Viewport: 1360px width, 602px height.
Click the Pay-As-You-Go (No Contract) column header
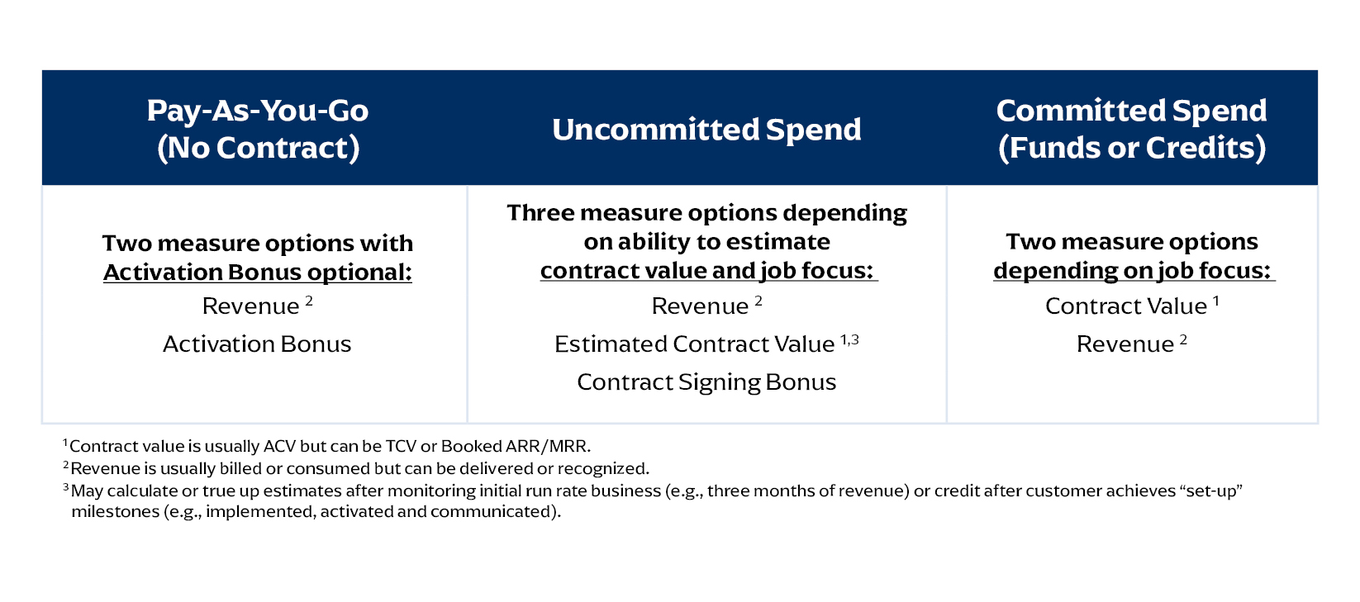258,129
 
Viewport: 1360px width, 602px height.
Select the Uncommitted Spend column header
706,130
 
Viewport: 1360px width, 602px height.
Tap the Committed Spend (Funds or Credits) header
1132,129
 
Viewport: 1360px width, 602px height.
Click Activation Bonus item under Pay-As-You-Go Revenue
257,344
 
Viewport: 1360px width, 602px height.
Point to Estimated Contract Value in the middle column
695,344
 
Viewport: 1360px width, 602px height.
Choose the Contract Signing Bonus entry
706,382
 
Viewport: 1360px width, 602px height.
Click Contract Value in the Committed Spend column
1126,306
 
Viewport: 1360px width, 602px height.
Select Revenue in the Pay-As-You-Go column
250,306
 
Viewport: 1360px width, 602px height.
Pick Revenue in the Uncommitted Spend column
700,306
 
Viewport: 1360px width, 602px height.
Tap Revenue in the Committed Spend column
1125,344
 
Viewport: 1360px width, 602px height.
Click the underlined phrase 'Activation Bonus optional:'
258,273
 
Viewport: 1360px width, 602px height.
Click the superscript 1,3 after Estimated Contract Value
849,339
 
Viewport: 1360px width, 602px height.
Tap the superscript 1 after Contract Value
1216,301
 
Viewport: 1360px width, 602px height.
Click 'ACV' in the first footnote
279,447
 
